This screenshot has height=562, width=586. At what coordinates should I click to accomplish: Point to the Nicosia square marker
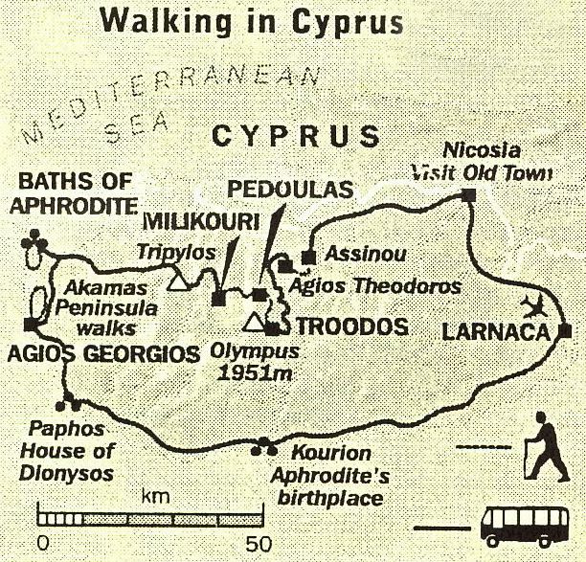(x=468, y=195)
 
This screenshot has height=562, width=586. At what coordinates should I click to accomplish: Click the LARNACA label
(x=497, y=333)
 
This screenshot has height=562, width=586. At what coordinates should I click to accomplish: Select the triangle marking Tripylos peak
(x=177, y=281)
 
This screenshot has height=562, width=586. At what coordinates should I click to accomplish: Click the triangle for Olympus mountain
(x=254, y=321)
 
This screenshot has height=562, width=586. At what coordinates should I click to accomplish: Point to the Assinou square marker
(x=308, y=257)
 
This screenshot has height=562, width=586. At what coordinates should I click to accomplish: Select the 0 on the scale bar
(x=40, y=544)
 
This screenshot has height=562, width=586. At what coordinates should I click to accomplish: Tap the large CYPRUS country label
(x=296, y=136)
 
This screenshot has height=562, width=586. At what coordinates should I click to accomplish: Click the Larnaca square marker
(x=565, y=332)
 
